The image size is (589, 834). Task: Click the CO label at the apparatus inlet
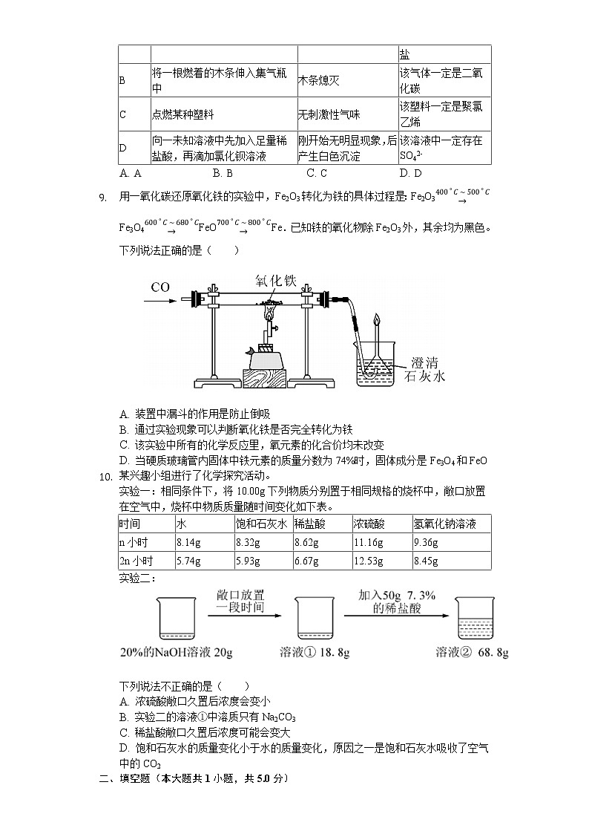click(161, 287)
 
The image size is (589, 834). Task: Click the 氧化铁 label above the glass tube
click(276, 281)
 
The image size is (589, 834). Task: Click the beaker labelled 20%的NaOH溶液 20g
click(177, 619)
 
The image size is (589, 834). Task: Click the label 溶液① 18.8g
click(315, 652)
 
